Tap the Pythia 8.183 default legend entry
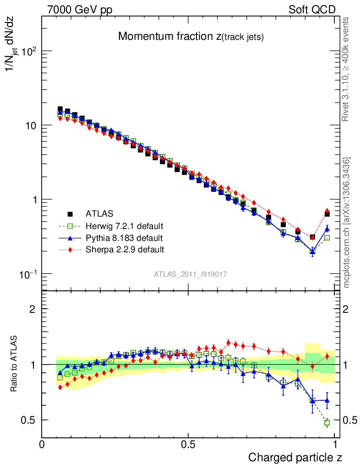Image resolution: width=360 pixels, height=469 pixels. pyautogui.click(x=124, y=238)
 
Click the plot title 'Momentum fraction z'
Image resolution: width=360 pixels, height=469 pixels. pyautogui.click(x=191, y=37)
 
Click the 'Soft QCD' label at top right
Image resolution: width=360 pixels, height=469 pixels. pyautogui.click(x=312, y=10)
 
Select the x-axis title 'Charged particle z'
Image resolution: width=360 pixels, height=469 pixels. pyautogui.click(x=295, y=457)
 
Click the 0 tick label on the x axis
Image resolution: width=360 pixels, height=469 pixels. pyautogui.click(x=42, y=444)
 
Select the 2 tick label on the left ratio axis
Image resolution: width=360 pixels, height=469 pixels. pyautogui.click(x=33, y=309)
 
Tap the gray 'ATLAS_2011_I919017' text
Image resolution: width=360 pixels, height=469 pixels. pyautogui.click(x=191, y=274)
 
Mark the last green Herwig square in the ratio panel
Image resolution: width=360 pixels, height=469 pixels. pyautogui.click(x=327, y=423)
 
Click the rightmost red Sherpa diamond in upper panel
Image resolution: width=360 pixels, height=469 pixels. pyautogui.click(x=327, y=211)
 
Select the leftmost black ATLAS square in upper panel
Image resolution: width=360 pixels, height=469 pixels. pyautogui.click(x=60, y=109)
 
